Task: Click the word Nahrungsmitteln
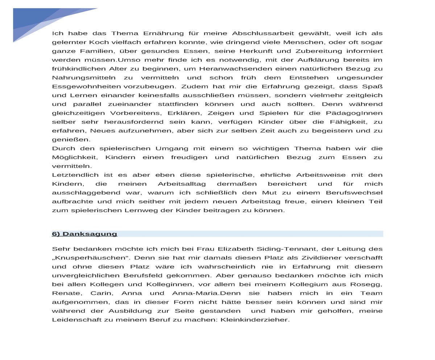pos(84,78)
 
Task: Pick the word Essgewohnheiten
pos(87,86)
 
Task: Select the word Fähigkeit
pos(346,122)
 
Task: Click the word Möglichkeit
pos(74,157)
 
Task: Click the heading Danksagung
pos(90,234)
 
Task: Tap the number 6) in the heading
pos(56,234)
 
